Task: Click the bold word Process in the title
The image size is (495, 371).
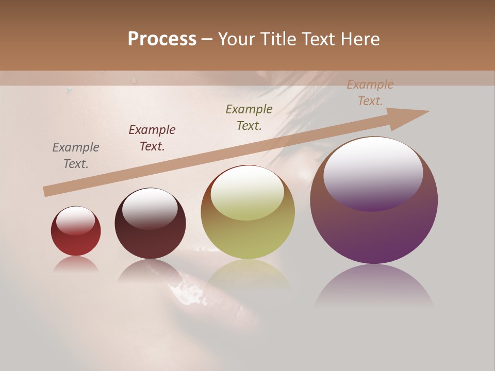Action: pos(162,39)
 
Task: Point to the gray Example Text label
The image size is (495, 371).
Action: pos(76,156)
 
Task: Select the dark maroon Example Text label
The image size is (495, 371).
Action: pos(152,138)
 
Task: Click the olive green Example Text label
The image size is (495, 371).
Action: pos(249,117)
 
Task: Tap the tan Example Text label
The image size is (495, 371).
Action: pos(370,93)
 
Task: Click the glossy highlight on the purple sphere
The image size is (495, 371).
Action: pos(373,174)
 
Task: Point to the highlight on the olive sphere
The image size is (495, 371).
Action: pos(247,193)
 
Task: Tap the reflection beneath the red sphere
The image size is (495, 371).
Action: pos(76,264)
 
